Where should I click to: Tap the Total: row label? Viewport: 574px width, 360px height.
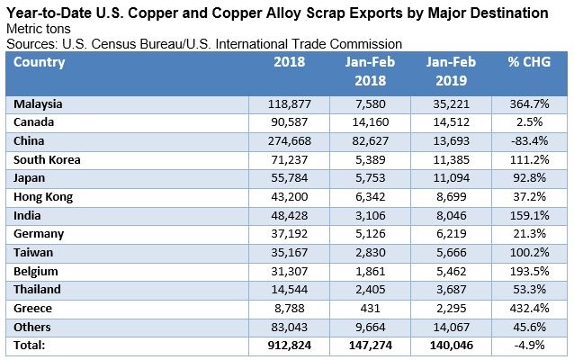coord(30,345)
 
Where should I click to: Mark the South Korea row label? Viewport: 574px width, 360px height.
coord(47,160)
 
